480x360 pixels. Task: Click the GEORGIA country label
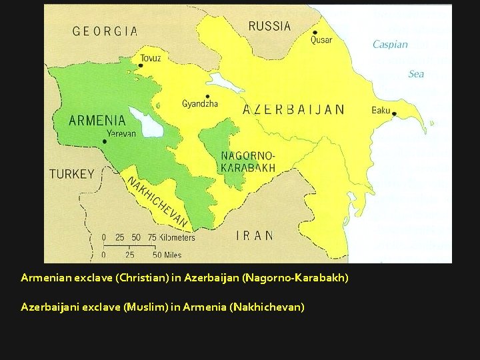pyautogui.click(x=105, y=31)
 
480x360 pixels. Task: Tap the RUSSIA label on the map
pyautogui.click(x=269, y=26)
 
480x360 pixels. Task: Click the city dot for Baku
pyautogui.click(x=394, y=114)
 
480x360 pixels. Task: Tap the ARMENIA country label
pyautogui.click(x=97, y=121)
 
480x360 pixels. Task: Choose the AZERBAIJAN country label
pyautogui.click(x=293, y=109)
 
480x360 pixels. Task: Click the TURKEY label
pyautogui.click(x=72, y=174)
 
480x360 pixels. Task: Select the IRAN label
pyautogui.click(x=255, y=235)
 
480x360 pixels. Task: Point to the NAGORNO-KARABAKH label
pyautogui.click(x=247, y=161)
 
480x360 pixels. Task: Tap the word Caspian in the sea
pyautogui.click(x=390, y=45)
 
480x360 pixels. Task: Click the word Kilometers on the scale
pyautogui.click(x=177, y=237)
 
